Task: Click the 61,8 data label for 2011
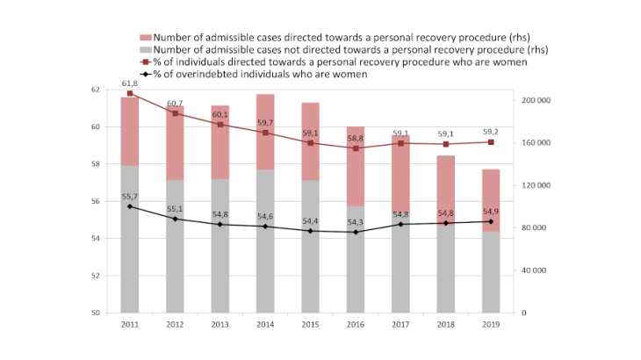click(x=130, y=83)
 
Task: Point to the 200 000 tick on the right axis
click(x=535, y=100)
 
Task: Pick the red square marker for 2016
click(x=356, y=148)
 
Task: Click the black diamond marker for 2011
click(x=130, y=206)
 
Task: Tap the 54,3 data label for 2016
click(x=356, y=221)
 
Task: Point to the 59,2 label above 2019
click(x=491, y=131)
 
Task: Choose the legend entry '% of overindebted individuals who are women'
click(x=260, y=75)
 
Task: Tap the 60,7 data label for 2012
click(x=176, y=103)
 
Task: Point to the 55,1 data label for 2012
click(x=176, y=209)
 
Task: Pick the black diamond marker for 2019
click(x=491, y=221)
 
